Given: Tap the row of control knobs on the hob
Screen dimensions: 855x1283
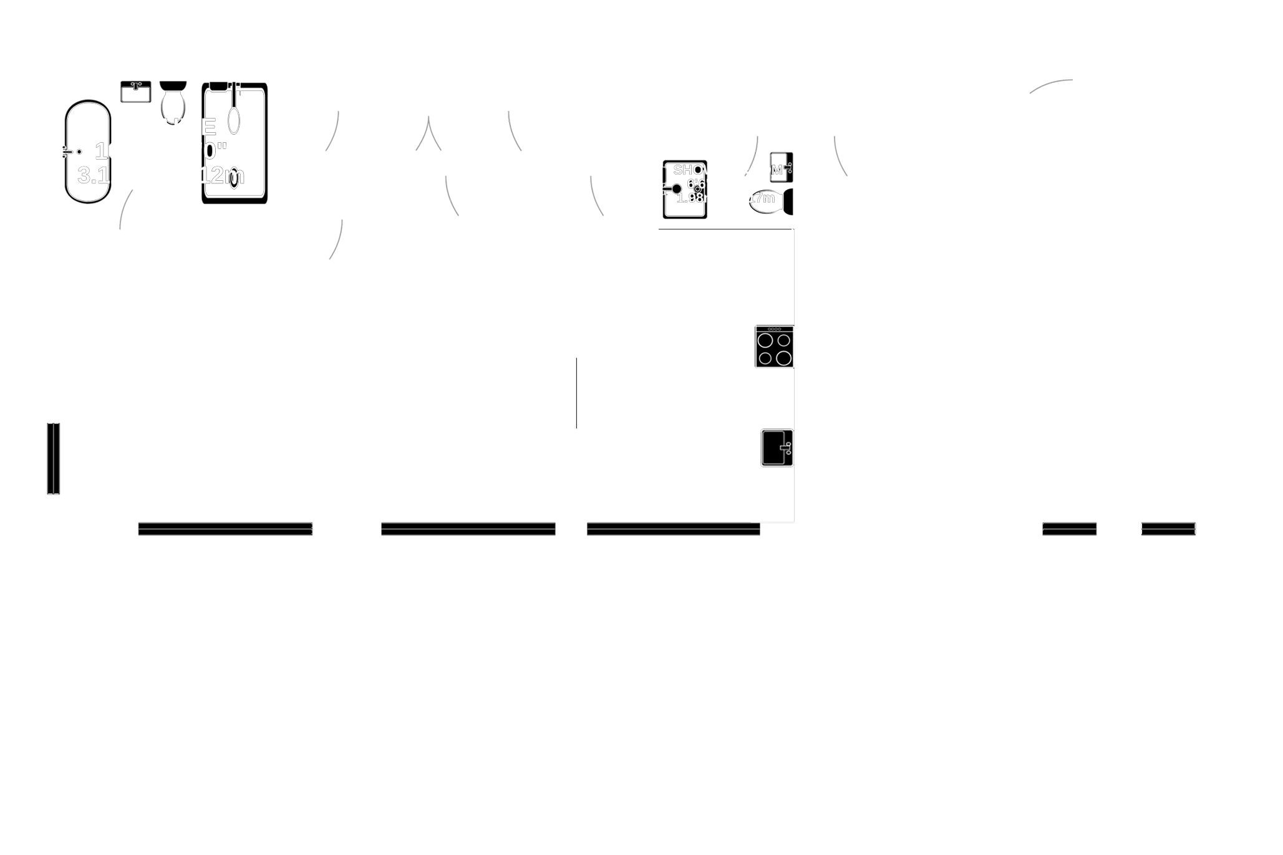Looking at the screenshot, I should pyautogui.click(x=774, y=329).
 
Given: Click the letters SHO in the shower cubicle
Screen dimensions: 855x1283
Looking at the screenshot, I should pyautogui.click(x=689, y=170).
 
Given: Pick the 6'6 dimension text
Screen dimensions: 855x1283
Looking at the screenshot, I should pyautogui.click(x=695, y=184).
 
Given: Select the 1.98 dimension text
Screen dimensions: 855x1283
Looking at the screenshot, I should pyautogui.click(x=690, y=198).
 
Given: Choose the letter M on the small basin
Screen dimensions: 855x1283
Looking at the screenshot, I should pyautogui.click(x=777, y=170).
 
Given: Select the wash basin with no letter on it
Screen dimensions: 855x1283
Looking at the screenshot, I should pyautogui.click(x=136, y=93).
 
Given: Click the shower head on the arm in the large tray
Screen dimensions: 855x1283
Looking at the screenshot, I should pyautogui.click(x=234, y=120).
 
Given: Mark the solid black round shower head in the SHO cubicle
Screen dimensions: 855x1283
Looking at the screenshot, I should pyautogui.click(x=676, y=188).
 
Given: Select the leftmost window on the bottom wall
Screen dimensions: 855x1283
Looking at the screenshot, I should pyautogui.click(x=225, y=528).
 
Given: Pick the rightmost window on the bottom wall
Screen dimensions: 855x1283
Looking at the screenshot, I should pyautogui.click(x=1168, y=528).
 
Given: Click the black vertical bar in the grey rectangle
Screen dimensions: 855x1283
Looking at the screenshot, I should pyautogui.click(x=54, y=458).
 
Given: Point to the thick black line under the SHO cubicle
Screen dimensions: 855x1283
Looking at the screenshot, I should pyautogui.click(x=725, y=231).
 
